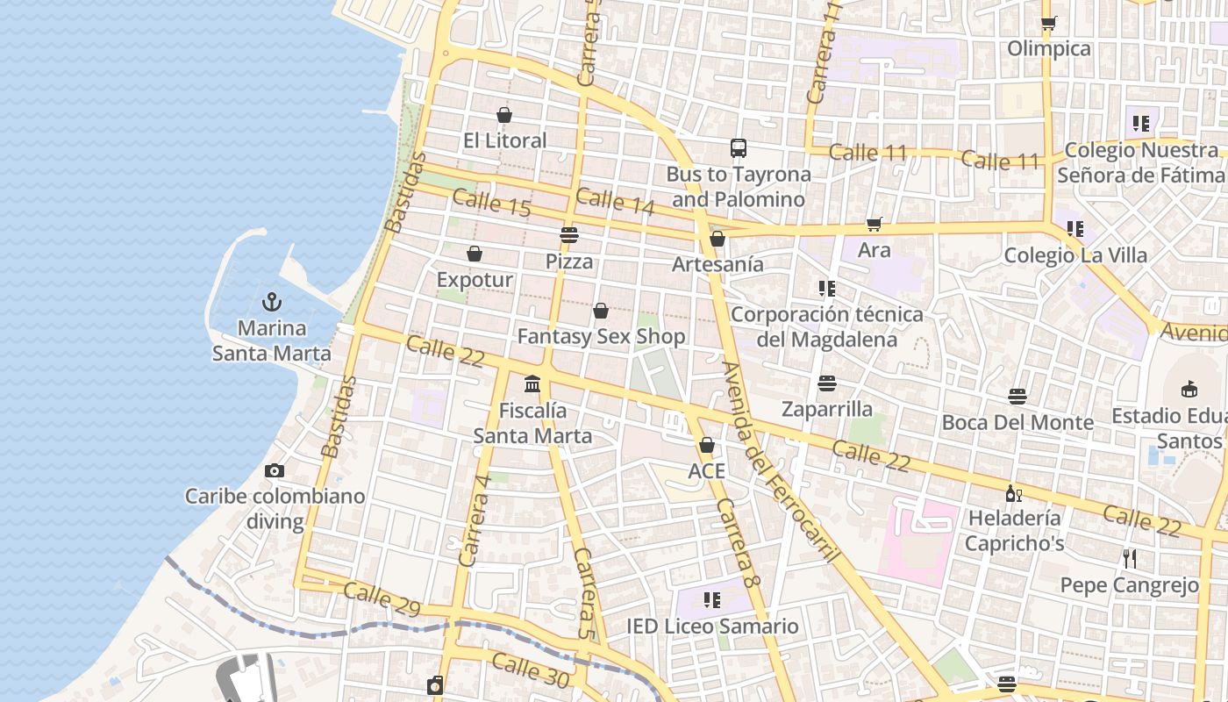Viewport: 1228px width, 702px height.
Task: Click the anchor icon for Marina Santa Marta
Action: tap(272, 303)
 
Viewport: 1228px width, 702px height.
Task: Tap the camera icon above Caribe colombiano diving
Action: tap(275, 471)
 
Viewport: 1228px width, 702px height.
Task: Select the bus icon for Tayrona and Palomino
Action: tap(739, 148)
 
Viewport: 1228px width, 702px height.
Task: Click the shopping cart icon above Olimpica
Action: tap(1048, 23)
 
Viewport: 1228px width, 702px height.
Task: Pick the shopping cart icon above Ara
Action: tap(874, 225)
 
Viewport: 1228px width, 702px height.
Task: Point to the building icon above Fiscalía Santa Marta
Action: tap(532, 384)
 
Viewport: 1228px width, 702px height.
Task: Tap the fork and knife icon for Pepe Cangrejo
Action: tap(1130, 558)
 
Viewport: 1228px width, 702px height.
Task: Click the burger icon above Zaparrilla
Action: tap(826, 383)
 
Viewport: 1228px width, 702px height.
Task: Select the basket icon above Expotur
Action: tap(475, 254)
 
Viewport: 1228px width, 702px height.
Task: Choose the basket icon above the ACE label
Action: tap(707, 445)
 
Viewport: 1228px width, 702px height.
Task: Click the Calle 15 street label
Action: tap(492, 204)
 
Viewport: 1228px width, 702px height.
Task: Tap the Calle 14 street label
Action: tap(616, 201)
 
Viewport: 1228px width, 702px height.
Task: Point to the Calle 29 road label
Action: tap(382, 598)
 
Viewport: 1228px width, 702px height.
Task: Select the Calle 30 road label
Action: tap(530, 670)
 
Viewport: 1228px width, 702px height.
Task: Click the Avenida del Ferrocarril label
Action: tap(781, 462)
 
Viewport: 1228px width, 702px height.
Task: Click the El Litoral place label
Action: tap(504, 140)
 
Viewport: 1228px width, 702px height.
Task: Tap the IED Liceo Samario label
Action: tap(712, 627)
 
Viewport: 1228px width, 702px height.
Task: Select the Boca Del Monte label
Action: tap(1017, 423)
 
